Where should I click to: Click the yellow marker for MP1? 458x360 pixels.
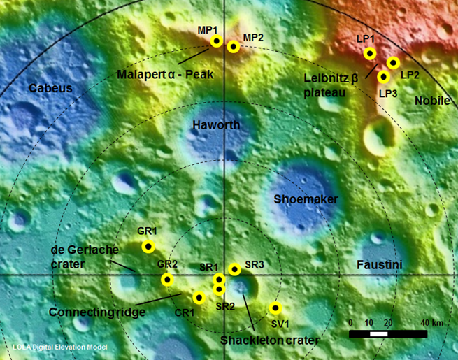point(217,41)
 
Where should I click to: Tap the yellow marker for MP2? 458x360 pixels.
point(234,47)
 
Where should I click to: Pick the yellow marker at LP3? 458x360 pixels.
point(383,76)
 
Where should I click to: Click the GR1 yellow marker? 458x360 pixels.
point(148,246)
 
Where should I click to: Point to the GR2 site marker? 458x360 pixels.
point(166,280)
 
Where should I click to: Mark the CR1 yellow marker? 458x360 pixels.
point(199,298)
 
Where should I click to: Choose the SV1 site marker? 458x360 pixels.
point(275,308)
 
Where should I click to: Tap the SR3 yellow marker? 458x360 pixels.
point(235,269)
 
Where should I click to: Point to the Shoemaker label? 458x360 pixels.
point(306,199)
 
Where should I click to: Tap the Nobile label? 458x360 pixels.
point(432,101)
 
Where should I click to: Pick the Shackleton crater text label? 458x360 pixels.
point(270,340)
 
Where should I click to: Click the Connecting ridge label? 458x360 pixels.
point(97,312)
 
